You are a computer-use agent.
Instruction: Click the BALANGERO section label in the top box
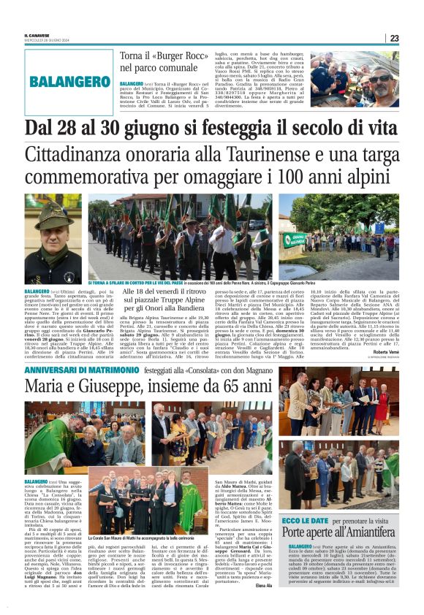point(70,81)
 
